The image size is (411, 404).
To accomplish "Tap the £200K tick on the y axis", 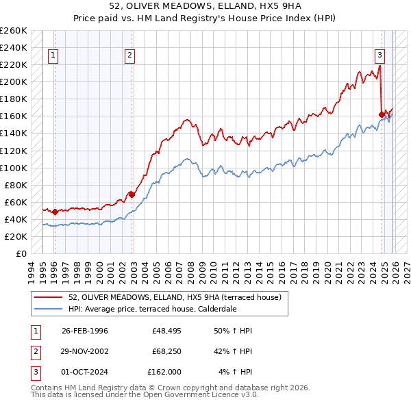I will click(x=14, y=81).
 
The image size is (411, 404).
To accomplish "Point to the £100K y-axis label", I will click(x=14, y=168).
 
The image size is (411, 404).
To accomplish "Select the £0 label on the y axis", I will click(x=21, y=253).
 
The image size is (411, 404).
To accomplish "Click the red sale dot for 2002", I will click(x=132, y=194).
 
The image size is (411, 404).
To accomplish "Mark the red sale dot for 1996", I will click(x=55, y=212).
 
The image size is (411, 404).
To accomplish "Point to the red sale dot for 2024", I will click(x=382, y=114).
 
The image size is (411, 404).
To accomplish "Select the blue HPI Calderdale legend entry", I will click(x=152, y=309).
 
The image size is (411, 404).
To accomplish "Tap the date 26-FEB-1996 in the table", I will click(x=85, y=331).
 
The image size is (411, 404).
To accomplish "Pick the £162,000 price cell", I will click(x=164, y=372).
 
